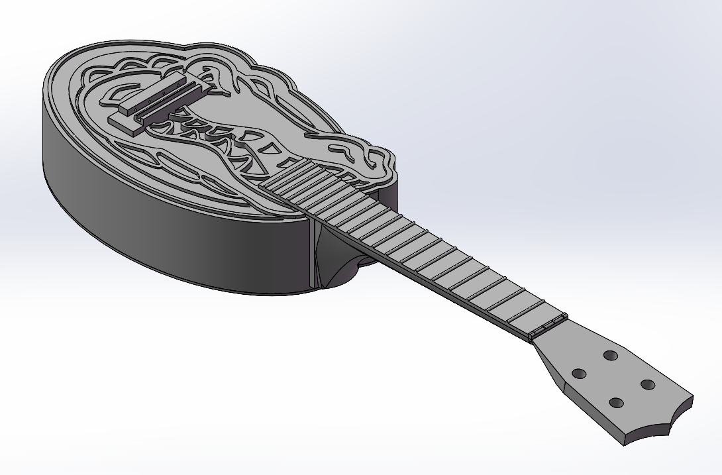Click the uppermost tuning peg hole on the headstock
(611, 356)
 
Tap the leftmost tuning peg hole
(579, 374)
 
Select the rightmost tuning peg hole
(648, 384)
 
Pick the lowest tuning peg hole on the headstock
(617, 402)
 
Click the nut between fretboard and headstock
(548, 327)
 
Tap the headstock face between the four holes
(613, 379)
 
